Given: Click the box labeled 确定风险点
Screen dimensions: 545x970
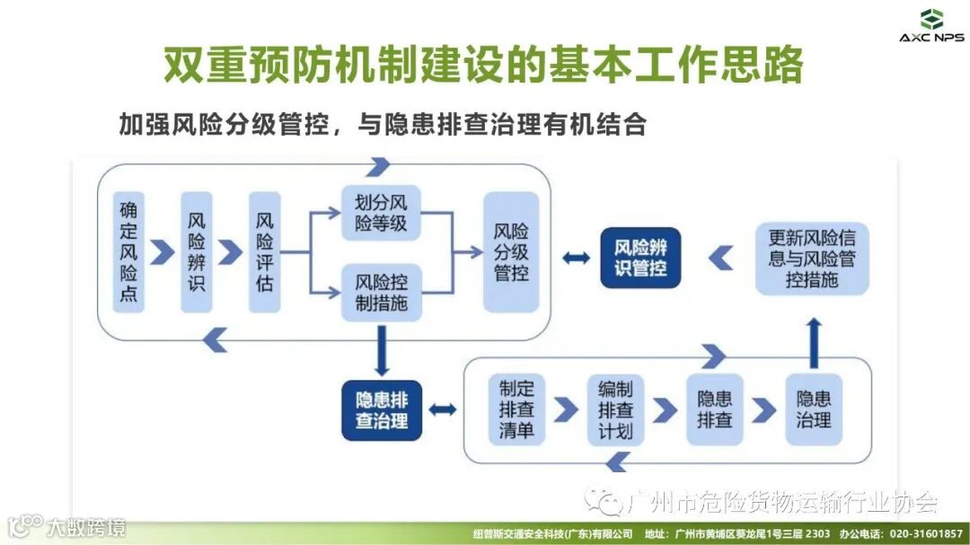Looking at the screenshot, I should [x=128, y=251].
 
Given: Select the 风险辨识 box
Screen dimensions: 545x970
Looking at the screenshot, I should [x=197, y=251].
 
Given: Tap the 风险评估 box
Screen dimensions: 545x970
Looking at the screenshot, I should [x=265, y=251].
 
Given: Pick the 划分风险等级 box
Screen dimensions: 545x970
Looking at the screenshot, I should [x=381, y=213].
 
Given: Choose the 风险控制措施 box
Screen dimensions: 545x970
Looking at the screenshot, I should [x=381, y=292].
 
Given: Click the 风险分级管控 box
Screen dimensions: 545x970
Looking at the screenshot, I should [x=511, y=251].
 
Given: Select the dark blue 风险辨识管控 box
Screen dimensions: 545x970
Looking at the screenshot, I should [x=640, y=258].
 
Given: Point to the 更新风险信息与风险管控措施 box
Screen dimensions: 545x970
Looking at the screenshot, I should [x=812, y=259].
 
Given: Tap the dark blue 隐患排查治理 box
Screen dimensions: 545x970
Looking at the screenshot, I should [x=382, y=409].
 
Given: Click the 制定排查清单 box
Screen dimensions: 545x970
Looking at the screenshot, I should [x=516, y=409].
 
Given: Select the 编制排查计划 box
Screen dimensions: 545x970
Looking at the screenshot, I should [x=615, y=409].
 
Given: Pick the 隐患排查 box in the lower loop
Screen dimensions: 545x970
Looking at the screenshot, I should [x=715, y=409].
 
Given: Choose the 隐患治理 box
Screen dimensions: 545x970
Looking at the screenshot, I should [x=814, y=409].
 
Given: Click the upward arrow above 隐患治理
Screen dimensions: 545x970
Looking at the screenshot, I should [x=814, y=342].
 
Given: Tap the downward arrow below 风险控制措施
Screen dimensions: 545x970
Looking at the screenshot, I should [x=382, y=349].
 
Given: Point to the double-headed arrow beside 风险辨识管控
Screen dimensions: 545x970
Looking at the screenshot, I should [x=576, y=258].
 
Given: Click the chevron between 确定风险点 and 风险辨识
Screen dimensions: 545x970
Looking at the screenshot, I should [x=163, y=252].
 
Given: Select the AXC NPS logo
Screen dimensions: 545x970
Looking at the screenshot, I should [x=931, y=24].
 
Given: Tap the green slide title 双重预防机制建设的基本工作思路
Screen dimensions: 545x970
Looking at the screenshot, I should [x=482, y=65].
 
